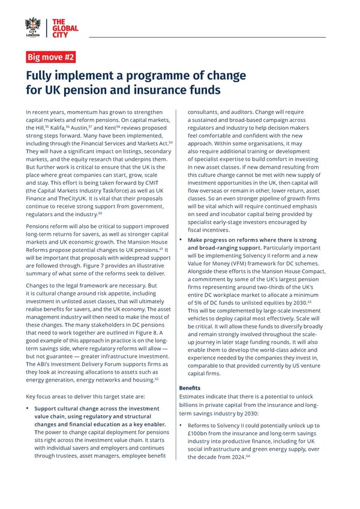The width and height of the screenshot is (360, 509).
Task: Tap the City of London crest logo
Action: click(33, 27)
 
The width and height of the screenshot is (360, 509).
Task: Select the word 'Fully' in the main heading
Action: click(40, 76)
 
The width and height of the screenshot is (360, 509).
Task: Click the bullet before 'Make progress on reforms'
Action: click(181, 240)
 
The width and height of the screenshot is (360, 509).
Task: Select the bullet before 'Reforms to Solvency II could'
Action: click(181, 426)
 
